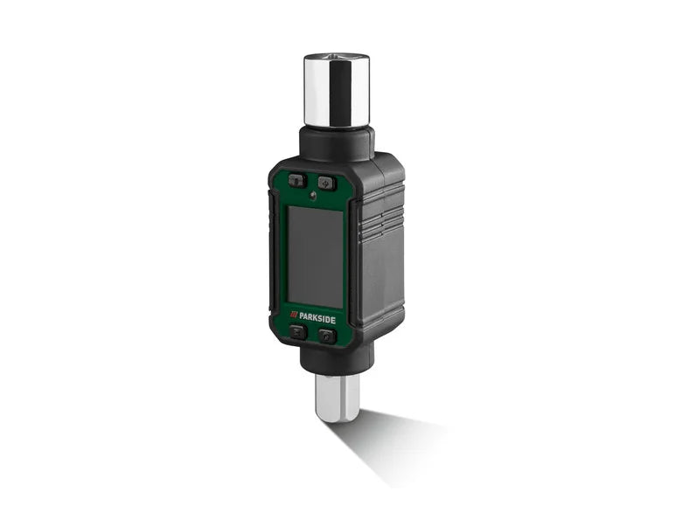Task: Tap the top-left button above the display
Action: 296,181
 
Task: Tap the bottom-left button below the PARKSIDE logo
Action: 297,332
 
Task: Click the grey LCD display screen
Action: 316,257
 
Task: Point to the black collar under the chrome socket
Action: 337,143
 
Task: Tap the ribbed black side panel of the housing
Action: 379,262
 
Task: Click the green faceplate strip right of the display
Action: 347,258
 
